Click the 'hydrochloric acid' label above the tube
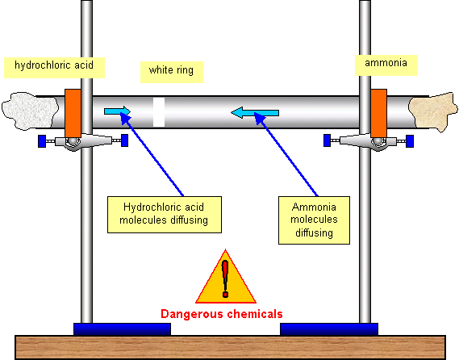54,68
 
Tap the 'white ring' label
172,72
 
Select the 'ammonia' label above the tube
386,65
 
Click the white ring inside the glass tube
159,112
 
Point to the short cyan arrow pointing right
118,111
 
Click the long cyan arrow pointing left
255,113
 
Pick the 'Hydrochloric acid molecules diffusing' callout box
165,215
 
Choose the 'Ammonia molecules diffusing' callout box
314,220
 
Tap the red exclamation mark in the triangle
225,278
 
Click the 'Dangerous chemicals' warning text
222,314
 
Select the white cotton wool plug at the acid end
29,111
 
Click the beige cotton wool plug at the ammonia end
433,112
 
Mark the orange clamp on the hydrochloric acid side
73,113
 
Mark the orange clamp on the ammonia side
379,113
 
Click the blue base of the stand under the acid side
122,329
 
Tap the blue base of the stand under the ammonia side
329,329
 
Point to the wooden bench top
230,347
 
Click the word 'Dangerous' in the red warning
193,314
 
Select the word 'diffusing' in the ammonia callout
314,233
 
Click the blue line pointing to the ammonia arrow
286,154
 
